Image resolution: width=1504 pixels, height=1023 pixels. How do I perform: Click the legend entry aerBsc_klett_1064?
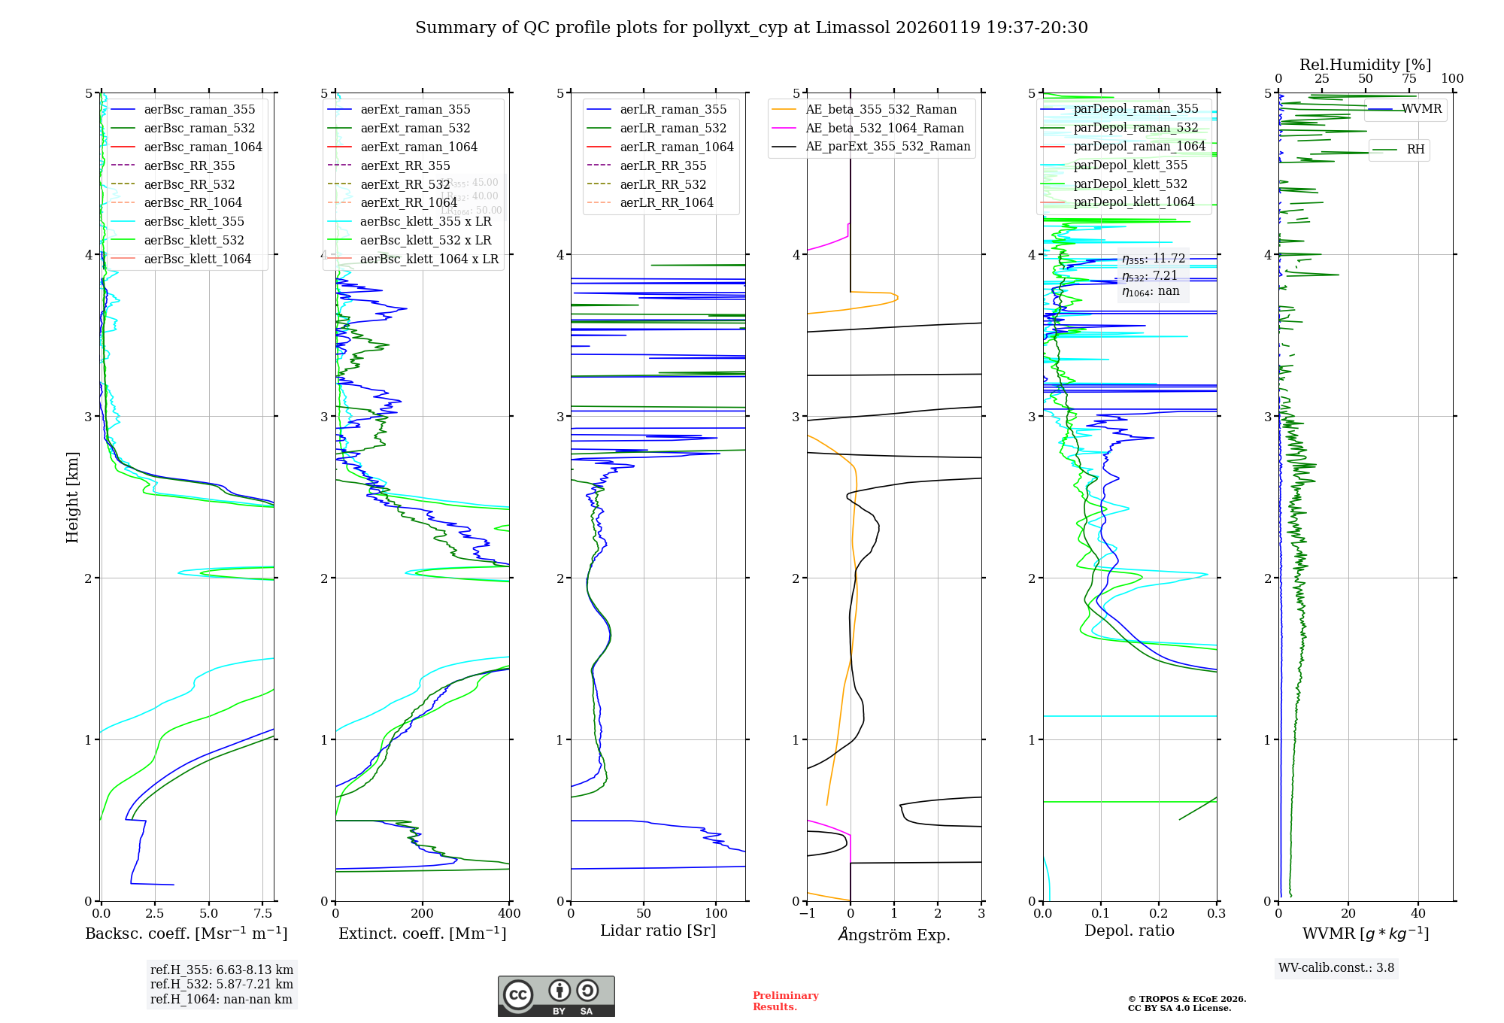click(x=197, y=260)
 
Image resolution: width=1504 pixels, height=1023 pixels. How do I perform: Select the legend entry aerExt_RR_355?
click(x=405, y=165)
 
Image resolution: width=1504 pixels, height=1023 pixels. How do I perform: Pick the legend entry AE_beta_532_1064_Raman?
click(x=884, y=128)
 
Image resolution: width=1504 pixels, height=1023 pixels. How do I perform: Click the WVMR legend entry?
click(x=1421, y=109)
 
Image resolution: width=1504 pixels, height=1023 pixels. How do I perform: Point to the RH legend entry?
click(x=1415, y=150)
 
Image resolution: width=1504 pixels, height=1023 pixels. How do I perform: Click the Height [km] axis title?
click(x=72, y=497)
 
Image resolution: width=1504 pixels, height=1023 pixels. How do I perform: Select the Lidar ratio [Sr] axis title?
click(x=658, y=930)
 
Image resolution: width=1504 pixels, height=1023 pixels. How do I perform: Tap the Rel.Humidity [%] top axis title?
click(x=1365, y=65)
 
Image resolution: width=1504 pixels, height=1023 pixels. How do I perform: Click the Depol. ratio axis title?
click(x=1129, y=930)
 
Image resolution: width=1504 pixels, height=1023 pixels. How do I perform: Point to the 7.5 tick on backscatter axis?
click(x=262, y=913)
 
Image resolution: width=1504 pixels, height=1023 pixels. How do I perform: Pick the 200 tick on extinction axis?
click(x=422, y=913)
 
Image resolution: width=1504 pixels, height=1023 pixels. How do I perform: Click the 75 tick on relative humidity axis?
click(x=1408, y=79)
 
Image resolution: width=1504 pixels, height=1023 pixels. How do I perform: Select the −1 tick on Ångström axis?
click(x=807, y=913)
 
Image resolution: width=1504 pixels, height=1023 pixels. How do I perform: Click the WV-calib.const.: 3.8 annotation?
click(x=1336, y=968)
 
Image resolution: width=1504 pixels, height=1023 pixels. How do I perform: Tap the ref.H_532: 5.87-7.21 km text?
click(x=222, y=985)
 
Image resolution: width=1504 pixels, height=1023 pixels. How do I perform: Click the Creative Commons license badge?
click(x=556, y=997)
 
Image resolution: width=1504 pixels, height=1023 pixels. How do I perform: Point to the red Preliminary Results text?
click(x=785, y=1001)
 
